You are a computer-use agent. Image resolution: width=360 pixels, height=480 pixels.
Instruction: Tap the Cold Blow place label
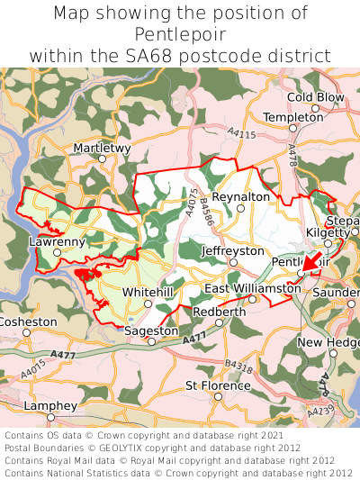click(315, 97)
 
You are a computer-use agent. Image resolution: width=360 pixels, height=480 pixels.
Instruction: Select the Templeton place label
click(293, 117)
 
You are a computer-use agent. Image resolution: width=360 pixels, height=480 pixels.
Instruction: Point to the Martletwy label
click(102, 147)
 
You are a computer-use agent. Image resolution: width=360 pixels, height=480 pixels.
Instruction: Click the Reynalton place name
click(240, 196)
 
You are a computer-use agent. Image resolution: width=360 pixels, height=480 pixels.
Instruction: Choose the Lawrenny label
click(57, 241)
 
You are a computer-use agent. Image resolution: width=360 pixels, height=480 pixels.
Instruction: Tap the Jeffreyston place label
click(233, 250)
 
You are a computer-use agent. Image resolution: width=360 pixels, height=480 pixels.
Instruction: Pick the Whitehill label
click(148, 293)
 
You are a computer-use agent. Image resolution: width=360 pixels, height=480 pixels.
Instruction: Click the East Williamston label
click(253, 288)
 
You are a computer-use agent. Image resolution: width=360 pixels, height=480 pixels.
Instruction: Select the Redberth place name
click(219, 312)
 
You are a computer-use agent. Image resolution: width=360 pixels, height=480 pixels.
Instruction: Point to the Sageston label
click(151, 331)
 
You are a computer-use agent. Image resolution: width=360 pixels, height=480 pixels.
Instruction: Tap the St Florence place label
click(218, 385)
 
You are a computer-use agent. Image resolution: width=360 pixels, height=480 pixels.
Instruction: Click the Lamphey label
click(49, 406)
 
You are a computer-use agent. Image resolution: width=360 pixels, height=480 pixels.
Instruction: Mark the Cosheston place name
click(28, 322)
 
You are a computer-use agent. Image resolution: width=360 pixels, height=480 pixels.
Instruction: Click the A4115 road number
click(241, 134)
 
